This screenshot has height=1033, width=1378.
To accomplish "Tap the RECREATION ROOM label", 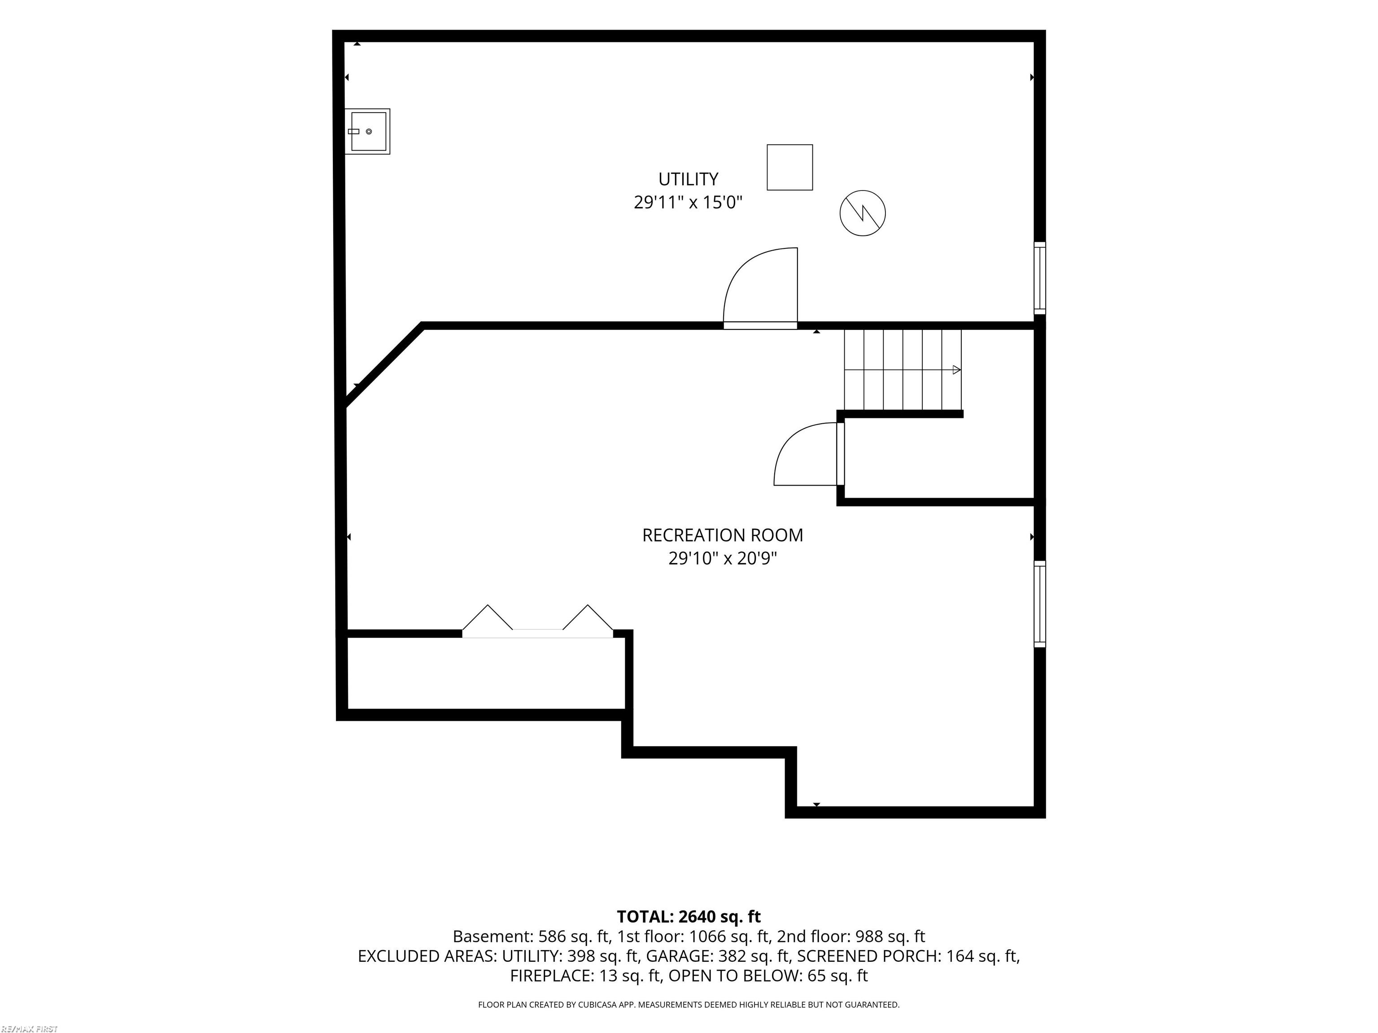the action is tap(723, 535).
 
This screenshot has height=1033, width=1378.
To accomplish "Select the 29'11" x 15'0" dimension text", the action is tap(689, 202).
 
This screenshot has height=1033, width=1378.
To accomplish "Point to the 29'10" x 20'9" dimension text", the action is tap(723, 559).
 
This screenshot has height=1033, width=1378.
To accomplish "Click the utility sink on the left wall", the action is tap(367, 131).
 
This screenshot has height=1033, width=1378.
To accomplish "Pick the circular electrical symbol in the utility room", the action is tap(863, 213).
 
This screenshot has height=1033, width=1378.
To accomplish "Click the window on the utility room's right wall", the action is tap(1040, 278).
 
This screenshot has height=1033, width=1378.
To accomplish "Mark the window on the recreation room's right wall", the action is tap(1040, 604).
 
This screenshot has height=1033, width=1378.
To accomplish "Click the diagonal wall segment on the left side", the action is tap(384, 365).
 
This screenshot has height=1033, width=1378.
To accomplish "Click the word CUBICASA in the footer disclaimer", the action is tap(599, 1004).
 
